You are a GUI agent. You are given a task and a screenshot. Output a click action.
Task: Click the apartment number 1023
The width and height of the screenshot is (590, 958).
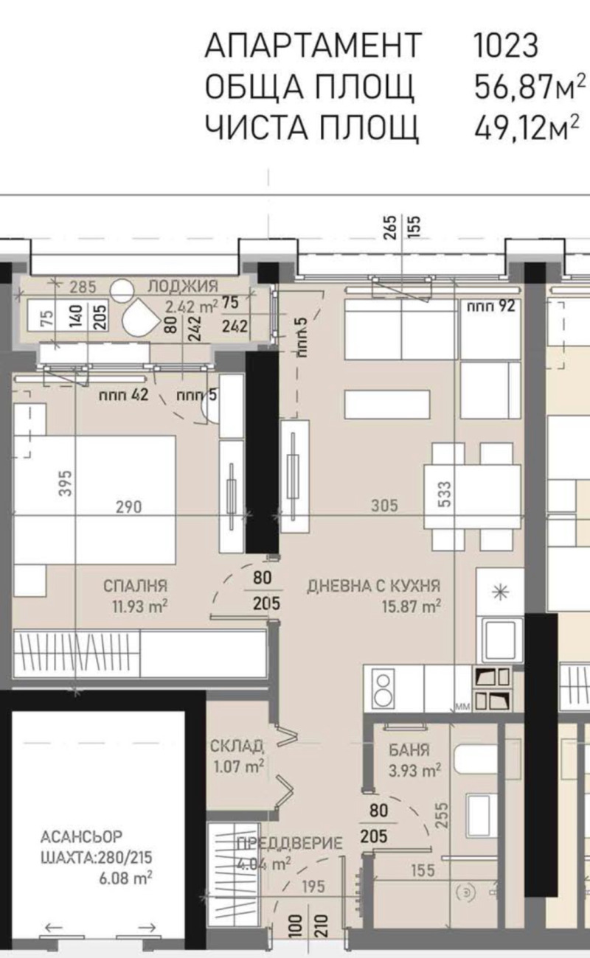click(x=505, y=46)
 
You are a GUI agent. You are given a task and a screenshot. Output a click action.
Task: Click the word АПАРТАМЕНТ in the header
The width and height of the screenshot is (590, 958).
click(x=313, y=46)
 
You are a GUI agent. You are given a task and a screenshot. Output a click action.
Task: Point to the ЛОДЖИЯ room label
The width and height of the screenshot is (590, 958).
click(x=181, y=287)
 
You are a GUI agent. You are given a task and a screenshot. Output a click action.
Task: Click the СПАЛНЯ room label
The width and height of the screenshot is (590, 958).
click(x=135, y=587)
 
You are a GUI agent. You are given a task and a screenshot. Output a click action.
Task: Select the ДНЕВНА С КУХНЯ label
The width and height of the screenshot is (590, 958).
click(x=373, y=587)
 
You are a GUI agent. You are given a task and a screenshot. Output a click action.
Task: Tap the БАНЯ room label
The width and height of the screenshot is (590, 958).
click(x=409, y=752)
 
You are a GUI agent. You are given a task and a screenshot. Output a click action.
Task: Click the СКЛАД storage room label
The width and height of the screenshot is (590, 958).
click(x=236, y=747)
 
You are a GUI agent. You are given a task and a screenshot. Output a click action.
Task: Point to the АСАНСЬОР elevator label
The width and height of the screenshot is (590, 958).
click(x=81, y=837)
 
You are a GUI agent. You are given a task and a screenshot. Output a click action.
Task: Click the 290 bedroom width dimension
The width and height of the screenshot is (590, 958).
click(x=128, y=506)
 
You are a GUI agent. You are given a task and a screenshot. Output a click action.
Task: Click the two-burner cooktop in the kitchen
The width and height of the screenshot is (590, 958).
click(x=383, y=688)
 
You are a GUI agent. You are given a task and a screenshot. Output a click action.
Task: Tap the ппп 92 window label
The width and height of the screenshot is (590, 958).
click(x=490, y=307)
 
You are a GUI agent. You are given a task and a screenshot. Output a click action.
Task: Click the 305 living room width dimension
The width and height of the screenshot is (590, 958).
click(x=385, y=506)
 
